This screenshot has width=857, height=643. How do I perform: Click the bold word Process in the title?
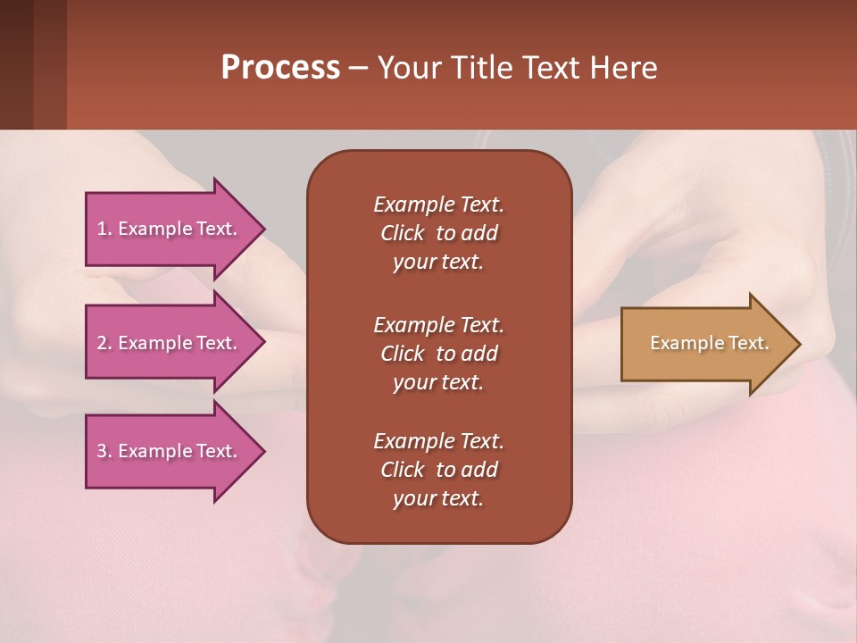point(280,68)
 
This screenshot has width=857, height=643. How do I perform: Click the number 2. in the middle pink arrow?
point(104,343)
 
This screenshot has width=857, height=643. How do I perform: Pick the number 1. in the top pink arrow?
point(104,229)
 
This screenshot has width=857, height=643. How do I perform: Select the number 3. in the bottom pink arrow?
point(104,451)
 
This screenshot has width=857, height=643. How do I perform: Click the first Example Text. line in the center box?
point(438,205)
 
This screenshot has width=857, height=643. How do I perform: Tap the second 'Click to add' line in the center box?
point(438,354)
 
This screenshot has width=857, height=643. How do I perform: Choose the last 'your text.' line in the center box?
point(438,499)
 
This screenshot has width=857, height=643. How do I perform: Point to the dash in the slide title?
point(359,68)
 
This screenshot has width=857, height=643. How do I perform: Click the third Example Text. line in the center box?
point(438,441)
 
